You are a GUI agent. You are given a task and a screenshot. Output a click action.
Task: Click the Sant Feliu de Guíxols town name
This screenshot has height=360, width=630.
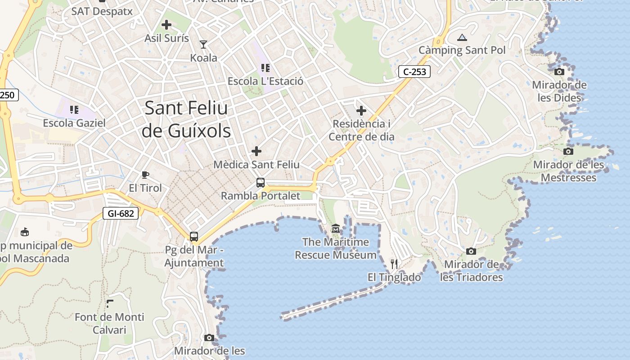186,119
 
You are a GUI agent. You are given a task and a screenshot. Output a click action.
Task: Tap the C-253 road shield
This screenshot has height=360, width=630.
414,71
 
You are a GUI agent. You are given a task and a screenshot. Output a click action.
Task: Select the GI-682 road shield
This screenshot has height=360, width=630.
121,213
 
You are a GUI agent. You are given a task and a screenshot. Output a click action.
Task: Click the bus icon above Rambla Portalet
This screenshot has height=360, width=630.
261,182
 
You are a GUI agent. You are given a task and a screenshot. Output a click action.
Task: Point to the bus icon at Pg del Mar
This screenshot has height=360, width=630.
194,236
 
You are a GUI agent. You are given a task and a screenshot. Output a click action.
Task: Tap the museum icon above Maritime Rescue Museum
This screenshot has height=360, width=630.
336,229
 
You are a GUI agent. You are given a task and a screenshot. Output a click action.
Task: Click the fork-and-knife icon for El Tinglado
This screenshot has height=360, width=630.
394,264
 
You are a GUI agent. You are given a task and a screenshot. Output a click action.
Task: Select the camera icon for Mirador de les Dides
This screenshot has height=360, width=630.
559,72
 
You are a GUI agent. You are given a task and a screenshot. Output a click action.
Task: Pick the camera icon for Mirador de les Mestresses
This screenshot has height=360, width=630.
568,151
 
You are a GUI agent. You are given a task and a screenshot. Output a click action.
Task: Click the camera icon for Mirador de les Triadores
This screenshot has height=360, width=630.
471,251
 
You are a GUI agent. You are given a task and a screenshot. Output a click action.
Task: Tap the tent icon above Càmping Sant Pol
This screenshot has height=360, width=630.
462,37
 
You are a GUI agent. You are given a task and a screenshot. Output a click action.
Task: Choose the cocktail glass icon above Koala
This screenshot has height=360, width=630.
203,44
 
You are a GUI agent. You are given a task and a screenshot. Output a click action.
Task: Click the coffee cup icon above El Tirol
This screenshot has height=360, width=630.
145,175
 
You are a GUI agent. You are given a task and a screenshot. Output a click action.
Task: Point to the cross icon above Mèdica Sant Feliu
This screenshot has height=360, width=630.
256,151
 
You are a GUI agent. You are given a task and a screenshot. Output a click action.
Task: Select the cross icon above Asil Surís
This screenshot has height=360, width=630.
166,25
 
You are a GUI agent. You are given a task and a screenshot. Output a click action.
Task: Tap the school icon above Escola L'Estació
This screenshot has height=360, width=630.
265,68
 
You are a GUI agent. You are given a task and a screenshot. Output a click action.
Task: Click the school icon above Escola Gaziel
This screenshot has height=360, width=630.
74,109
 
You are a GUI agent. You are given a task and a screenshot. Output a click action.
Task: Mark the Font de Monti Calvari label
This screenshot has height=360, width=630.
109,323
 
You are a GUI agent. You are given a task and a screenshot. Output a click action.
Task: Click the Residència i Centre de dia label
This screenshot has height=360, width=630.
361,130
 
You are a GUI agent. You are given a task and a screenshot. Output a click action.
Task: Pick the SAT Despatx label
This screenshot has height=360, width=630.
102,11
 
